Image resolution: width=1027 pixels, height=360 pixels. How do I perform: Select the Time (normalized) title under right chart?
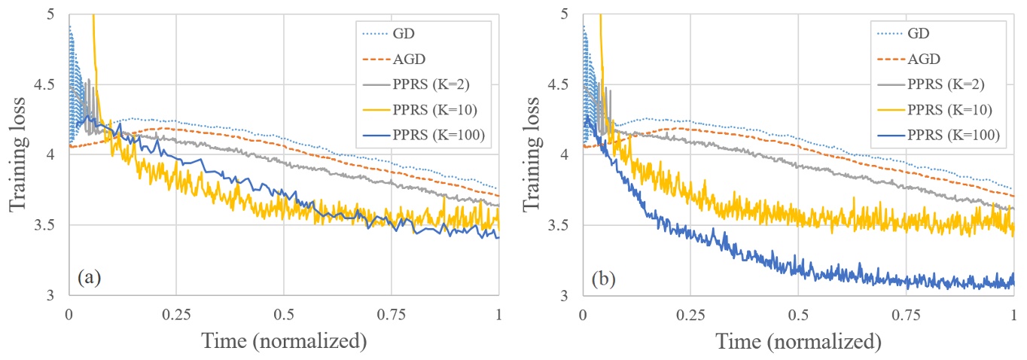pyautogui.click(x=797, y=342)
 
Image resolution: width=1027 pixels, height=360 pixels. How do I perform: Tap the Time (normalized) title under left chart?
pyautogui.click(x=284, y=342)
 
